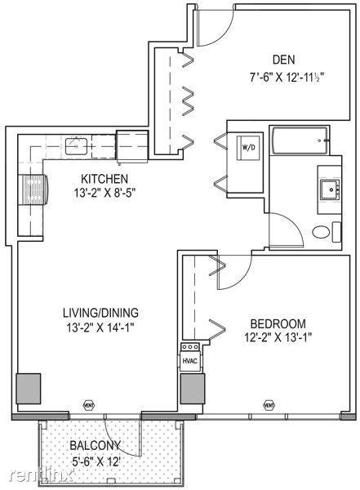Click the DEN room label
tap(283, 60)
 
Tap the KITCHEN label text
tap(104, 179)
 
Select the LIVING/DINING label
tap(100, 313)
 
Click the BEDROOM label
tap(278, 323)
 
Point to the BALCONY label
tap(95, 445)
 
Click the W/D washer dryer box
tap(248, 148)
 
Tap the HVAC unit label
tap(189, 361)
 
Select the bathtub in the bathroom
tap(300, 140)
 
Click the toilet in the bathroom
tap(321, 232)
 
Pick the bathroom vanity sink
tap(330, 189)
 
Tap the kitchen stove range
tap(33, 189)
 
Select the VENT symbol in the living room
tap(89, 405)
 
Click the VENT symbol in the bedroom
tap(269, 405)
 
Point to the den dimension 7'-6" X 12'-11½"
tap(287, 77)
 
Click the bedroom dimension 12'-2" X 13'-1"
tap(278, 338)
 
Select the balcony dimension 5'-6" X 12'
tap(96, 461)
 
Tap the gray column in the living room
tap(29, 389)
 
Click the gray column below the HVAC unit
tap(193, 389)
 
